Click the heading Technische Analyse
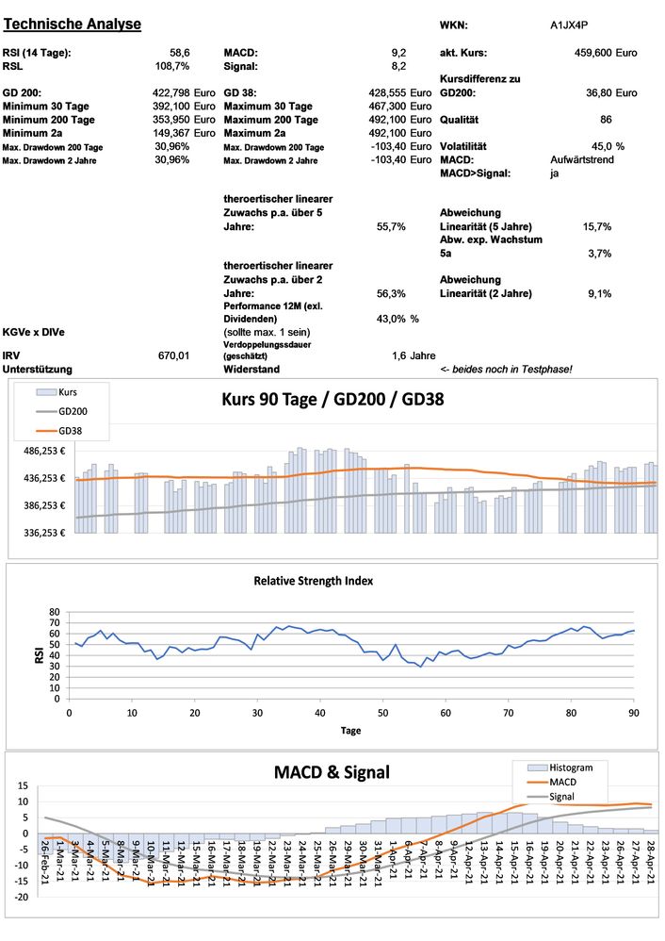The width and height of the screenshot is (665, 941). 73,24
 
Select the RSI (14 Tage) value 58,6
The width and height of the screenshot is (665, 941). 180,53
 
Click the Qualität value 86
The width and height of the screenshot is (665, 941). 606,120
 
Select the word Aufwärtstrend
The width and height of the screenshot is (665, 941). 581,160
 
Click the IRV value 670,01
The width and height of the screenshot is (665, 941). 174,355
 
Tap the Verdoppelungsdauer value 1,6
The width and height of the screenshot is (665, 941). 398,355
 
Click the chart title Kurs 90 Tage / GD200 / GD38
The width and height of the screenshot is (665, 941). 332,399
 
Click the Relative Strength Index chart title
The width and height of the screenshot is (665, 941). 313,581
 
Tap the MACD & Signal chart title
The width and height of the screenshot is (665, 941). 332,772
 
